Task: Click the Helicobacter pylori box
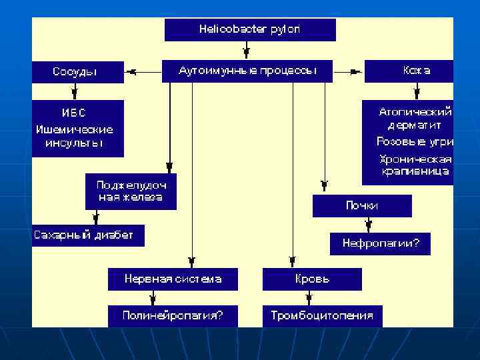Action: [250, 29]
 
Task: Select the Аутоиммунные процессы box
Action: [247, 71]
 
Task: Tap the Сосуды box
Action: [77, 72]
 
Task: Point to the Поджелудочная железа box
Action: [131, 191]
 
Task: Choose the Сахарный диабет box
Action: [87, 235]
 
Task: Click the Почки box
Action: [362, 206]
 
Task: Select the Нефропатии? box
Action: [380, 243]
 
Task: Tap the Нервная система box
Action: [173, 279]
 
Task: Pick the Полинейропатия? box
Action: [173, 315]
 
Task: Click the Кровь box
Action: [312, 279]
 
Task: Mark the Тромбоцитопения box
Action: [322, 315]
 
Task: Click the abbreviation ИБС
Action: [74, 113]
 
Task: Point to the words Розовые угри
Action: [415, 142]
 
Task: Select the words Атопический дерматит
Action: [415, 119]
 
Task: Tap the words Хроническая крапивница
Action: [415, 165]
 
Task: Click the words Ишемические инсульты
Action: [75, 136]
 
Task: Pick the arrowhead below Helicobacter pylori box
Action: [247, 51]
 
